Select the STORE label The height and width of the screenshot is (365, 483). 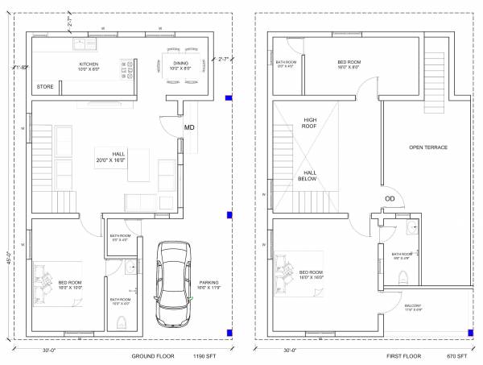point(44,86)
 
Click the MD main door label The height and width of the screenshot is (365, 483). point(189,127)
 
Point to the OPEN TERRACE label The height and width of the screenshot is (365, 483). point(427,147)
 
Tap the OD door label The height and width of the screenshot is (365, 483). point(390,198)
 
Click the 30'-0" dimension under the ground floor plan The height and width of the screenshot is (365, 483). point(50,350)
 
